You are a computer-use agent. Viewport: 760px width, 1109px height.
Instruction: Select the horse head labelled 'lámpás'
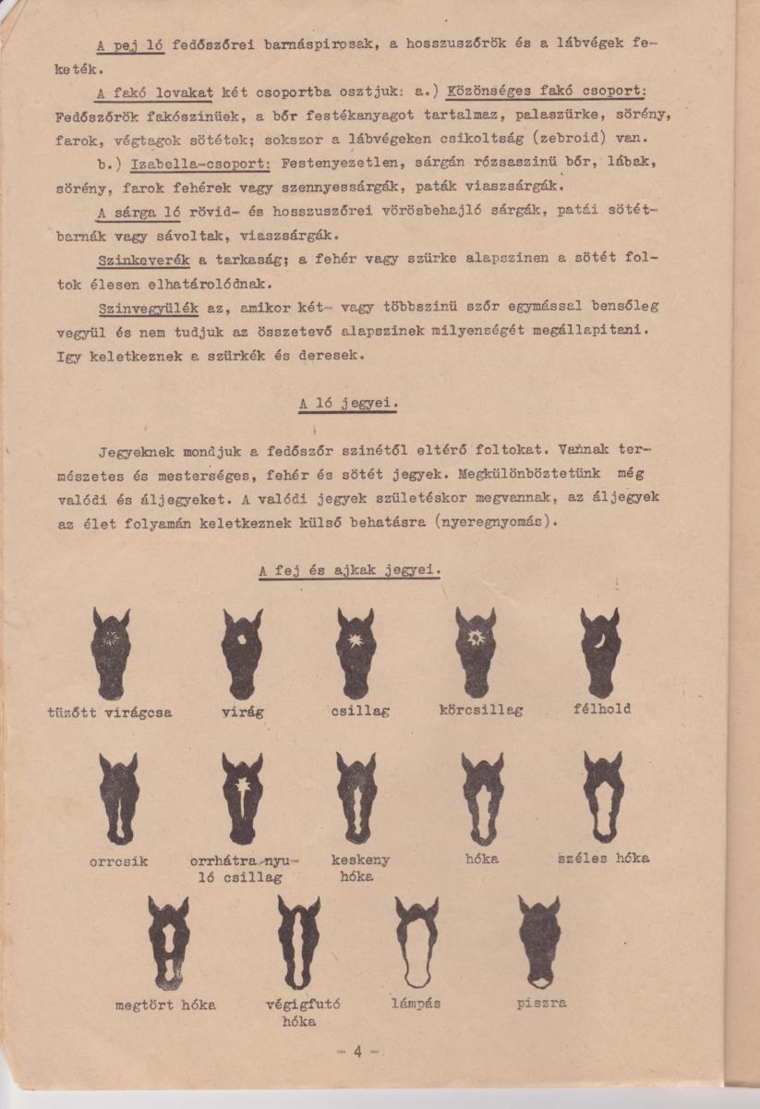coord(416,942)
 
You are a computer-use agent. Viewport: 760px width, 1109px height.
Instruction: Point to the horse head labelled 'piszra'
coord(539,942)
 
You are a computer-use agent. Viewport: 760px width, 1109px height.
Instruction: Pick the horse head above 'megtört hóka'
coord(168,942)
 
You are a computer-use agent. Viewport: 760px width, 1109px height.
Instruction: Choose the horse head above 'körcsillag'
coord(476,652)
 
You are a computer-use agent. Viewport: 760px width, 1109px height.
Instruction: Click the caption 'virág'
coord(243,713)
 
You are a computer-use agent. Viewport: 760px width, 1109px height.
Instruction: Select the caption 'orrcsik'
coord(118,860)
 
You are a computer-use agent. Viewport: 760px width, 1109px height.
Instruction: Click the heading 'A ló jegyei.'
coord(348,404)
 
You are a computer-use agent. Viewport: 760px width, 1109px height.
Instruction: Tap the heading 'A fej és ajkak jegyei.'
coord(349,570)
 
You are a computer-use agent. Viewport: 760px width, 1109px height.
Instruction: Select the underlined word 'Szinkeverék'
coord(142,261)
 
